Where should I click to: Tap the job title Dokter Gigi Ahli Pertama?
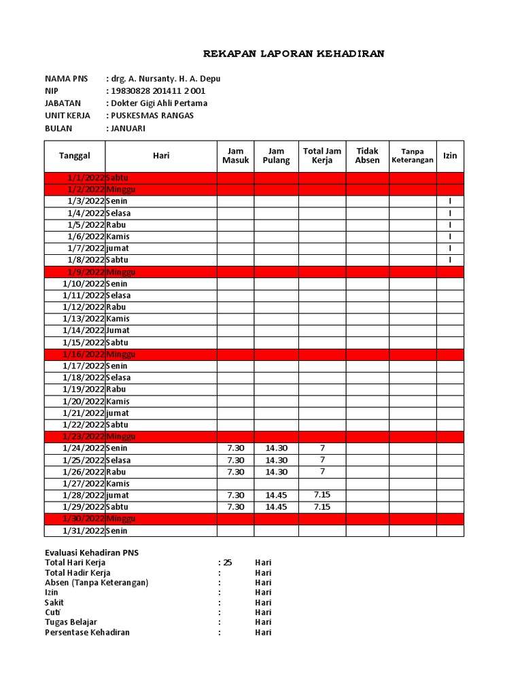point(159,103)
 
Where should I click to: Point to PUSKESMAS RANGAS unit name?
point(152,116)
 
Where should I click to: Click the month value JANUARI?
point(128,128)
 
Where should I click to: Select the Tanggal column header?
point(75,156)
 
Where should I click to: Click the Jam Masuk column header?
point(235,156)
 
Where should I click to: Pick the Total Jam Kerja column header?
point(321,156)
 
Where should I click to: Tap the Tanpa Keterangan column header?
point(413,156)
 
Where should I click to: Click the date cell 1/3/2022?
point(86,201)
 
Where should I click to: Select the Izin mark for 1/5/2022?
point(450,225)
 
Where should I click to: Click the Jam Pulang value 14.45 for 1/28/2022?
point(276,495)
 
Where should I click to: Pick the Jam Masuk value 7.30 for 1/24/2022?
point(235,448)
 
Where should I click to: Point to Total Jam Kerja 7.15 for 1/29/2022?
point(321,506)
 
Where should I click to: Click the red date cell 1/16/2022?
point(84,354)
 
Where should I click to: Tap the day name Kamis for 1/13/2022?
point(118,319)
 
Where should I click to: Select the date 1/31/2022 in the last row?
point(84,531)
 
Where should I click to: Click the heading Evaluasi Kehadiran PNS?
point(92,553)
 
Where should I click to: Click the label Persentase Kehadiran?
point(87,632)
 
